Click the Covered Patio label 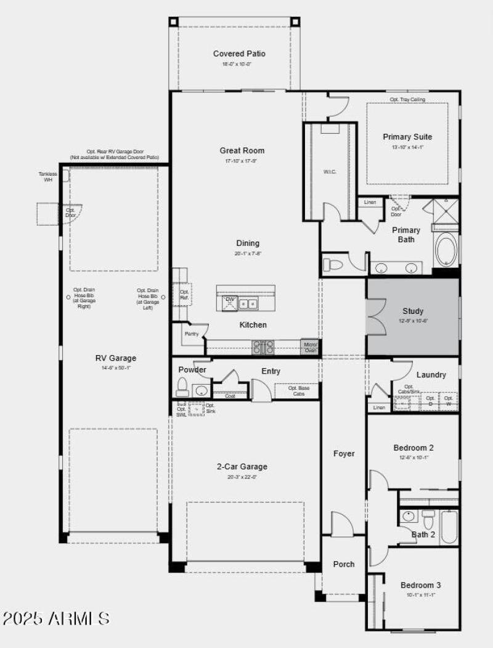pos(239,54)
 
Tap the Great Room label pos(242,150)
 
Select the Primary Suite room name pos(407,137)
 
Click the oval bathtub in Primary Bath pos(446,249)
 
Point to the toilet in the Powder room pos(182,387)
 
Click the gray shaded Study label pos(413,311)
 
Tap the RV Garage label pos(116,358)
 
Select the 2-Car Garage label pos(242,467)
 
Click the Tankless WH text pos(48,176)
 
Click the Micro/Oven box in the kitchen pos(309,347)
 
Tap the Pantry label pos(192,333)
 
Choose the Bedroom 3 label pos(421,585)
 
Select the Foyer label pos(344,454)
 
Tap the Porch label pos(344,564)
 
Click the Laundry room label pos(431,374)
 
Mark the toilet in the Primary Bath pos(333,265)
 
